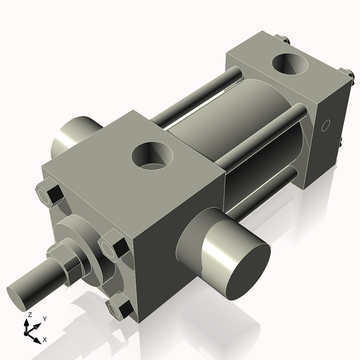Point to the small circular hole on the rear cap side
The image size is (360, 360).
[326, 125]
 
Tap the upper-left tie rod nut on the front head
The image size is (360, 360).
[49, 194]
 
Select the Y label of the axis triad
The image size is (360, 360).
[45, 319]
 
